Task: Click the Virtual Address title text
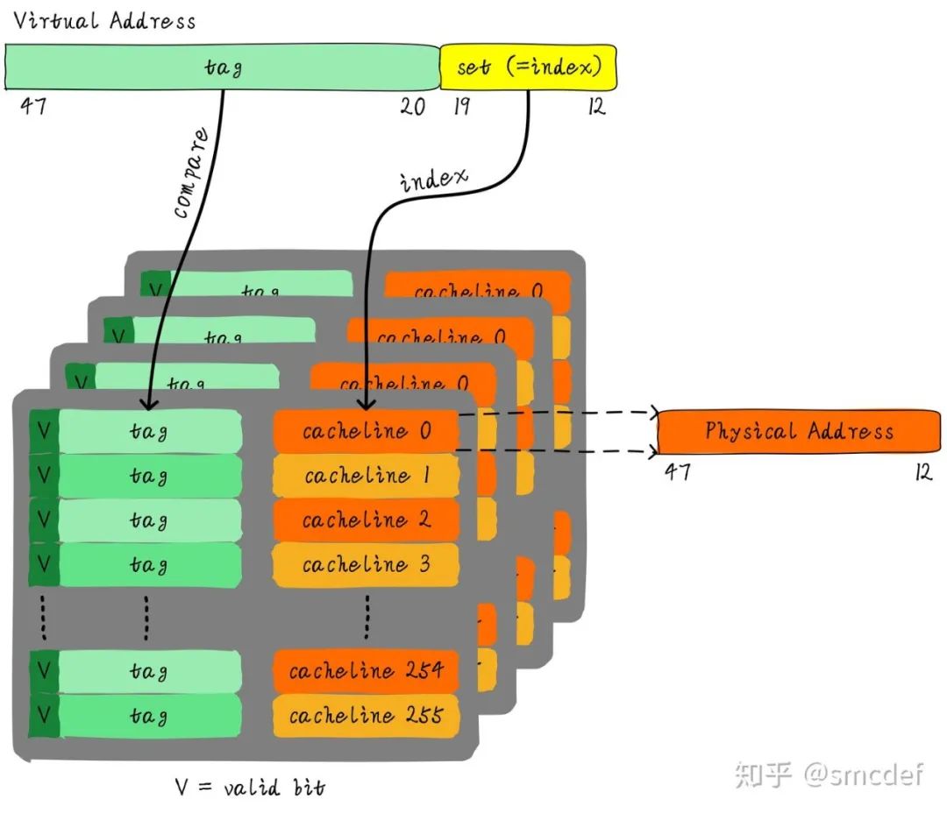click(104, 21)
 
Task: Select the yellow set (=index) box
click(528, 67)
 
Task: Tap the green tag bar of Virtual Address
click(223, 67)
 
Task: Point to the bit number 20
click(412, 107)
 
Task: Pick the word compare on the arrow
click(192, 173)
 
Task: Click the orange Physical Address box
click(798, 431)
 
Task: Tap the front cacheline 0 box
click(366, 432)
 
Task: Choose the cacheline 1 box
click(366, 477)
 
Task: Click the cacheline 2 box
click(366, 520)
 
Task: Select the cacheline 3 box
click(366, 565)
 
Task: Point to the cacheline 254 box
click(366, 672)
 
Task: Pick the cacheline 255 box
click(366, 717)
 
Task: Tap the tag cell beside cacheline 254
click(149, 672)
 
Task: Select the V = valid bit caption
click(250, 786)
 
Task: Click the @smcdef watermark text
click(863, 774)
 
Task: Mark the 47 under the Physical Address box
click(677, 472)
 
